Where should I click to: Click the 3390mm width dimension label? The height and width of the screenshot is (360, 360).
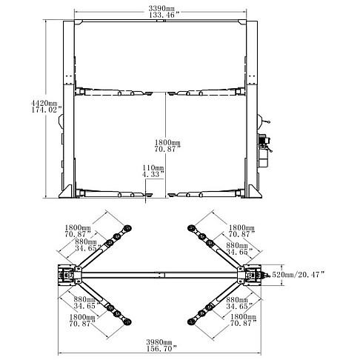(161, 8)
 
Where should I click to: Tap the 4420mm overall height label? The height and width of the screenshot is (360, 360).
(44, 103)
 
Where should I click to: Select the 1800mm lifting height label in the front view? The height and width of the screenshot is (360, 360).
(167, 142)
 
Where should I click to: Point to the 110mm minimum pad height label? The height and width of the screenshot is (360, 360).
(153, 168)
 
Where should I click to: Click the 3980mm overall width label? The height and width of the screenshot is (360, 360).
(159, 342)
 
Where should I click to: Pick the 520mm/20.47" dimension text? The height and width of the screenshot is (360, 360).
(298, 275)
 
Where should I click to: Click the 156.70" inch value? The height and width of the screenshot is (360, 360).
(161, 349)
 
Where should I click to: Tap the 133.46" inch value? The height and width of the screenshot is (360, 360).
(164, 15)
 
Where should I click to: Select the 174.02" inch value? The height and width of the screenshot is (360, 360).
(46, 110)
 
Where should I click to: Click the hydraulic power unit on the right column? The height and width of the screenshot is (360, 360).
(264, 150)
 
